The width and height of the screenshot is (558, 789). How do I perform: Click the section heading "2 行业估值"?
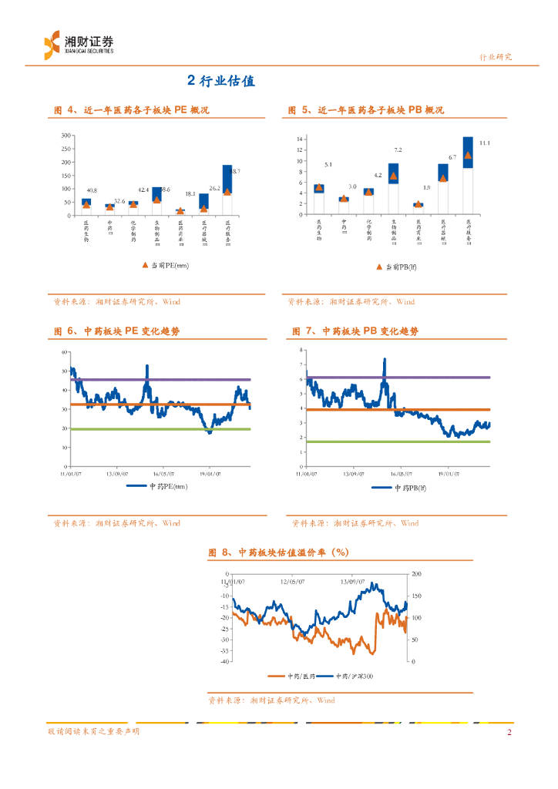coord(221,81)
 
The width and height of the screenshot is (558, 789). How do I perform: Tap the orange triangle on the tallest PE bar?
coord(227,191)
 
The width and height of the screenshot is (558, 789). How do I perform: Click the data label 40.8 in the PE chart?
coord(91,190)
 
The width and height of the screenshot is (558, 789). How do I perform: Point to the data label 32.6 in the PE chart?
coord(119,201)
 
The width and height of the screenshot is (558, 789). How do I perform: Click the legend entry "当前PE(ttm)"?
coord(165,266)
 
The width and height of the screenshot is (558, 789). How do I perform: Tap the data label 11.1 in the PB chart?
coord(484,143)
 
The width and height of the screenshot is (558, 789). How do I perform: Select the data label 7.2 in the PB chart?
coord(397,149)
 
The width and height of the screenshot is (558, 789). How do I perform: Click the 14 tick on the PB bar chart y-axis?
coord(301,139)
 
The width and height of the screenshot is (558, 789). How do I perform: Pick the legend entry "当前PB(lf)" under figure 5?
coord(400,267)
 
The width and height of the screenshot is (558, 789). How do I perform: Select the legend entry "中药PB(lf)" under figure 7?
coord(404,488)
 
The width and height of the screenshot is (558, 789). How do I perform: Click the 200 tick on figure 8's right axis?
coord(417,575)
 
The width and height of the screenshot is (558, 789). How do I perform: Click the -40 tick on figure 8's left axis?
coord(225,661)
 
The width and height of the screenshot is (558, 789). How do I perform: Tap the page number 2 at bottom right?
coord(509,732)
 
